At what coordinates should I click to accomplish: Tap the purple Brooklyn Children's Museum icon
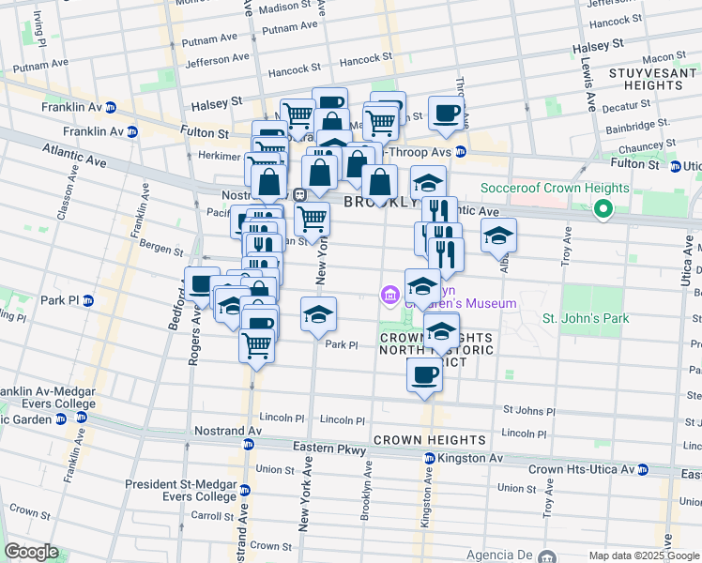click(x=390, y=296)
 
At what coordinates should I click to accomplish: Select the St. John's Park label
click(x=586, y=319)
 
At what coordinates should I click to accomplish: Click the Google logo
click(x=31, y=552)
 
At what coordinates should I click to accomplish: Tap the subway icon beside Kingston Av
click(x=429, y=458)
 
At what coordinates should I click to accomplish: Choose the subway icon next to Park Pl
click(x=87, y=300)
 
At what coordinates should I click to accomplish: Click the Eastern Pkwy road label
click(x=325, y=448)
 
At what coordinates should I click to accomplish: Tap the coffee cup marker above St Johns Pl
click(x=424, y=375)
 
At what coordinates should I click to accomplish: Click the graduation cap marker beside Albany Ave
click(x=499, y=236)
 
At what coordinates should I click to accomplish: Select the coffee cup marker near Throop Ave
click(x=447, y=114)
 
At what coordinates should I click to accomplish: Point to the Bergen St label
click(x=163, y=251)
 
